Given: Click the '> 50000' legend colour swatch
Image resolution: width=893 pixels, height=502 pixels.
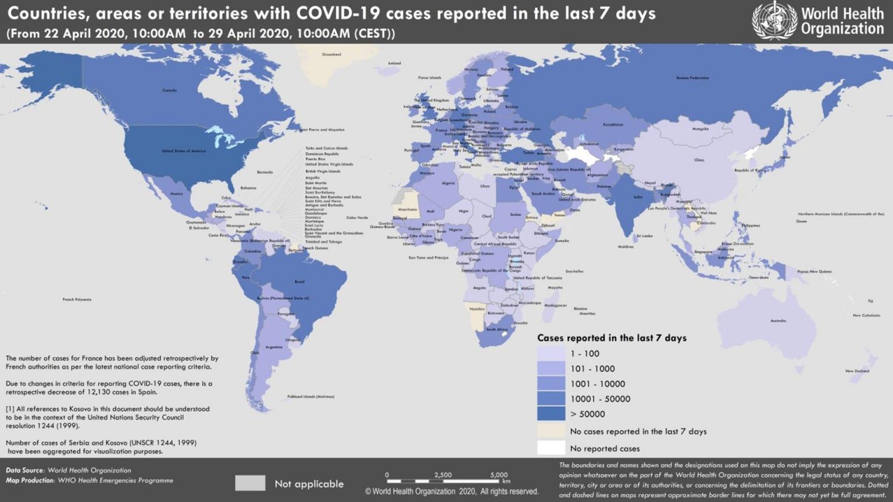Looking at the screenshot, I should click(x=551, y=414).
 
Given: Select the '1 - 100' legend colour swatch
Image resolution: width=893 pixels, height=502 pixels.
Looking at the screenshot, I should click(x=551, y=353).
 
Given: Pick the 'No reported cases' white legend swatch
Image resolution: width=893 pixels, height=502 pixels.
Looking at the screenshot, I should click(x=551, y=448).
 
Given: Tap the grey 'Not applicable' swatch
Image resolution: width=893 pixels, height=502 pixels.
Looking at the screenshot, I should click(x=250, y=483).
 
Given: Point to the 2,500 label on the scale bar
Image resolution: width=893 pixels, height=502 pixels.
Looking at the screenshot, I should click(x=442, y=475).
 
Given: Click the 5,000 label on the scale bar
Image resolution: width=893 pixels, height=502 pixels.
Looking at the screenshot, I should click(x=499, y=475).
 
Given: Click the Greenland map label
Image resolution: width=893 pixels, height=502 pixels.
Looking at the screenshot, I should click(x=331, y=55).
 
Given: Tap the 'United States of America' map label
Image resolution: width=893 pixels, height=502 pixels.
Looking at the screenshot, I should click(x=183, y=151).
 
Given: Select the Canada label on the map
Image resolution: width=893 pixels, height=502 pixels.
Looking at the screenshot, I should click(x=169, y=91).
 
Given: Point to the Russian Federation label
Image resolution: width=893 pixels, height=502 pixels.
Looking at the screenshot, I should click(x=692, y=78).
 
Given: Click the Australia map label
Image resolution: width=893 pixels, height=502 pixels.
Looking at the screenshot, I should click(x=778, y=321).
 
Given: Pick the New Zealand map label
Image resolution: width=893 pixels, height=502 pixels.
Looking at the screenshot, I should click(x=857, y=371).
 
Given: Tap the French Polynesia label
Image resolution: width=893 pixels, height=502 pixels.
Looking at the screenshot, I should click(x=77, y=300).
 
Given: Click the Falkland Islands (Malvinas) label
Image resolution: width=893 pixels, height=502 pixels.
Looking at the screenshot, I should click(x=310, y=397).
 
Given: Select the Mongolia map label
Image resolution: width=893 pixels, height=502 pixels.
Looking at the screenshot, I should click(x=701, y=129).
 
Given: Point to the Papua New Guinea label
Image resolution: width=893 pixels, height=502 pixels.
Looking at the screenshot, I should click(x=814, y=271).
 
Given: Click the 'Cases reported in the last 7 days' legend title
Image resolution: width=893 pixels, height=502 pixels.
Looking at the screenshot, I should click(x=612, y=338).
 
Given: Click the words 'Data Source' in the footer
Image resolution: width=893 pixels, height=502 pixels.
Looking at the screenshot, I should click(x=25, y=470).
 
